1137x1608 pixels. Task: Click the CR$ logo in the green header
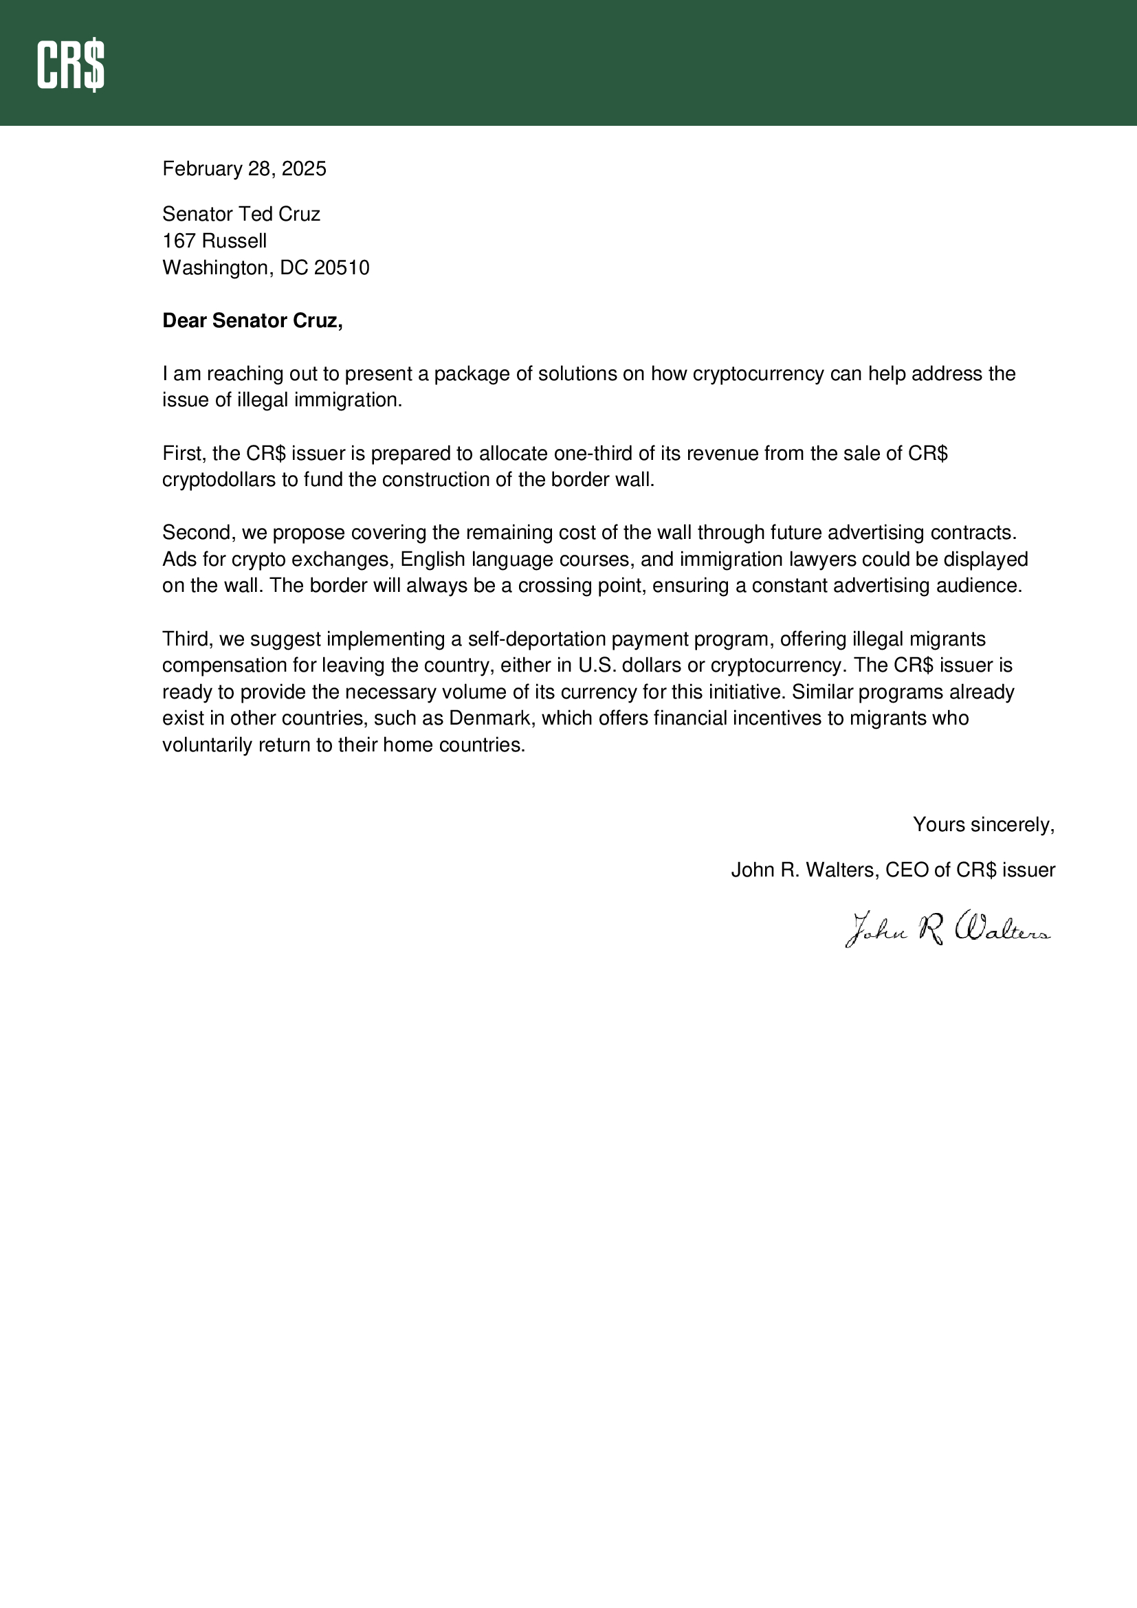[71, 65]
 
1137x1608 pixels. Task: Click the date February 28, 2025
[243, 169]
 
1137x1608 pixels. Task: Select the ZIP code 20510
[342, 268]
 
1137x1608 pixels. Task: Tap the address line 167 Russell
[214, 241]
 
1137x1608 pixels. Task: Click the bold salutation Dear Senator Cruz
[252, 321]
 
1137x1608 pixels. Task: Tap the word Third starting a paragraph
[188, 639]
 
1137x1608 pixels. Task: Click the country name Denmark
[489, 718]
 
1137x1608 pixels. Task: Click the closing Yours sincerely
[983, 825]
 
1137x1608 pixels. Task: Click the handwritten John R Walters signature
[948, 929]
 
